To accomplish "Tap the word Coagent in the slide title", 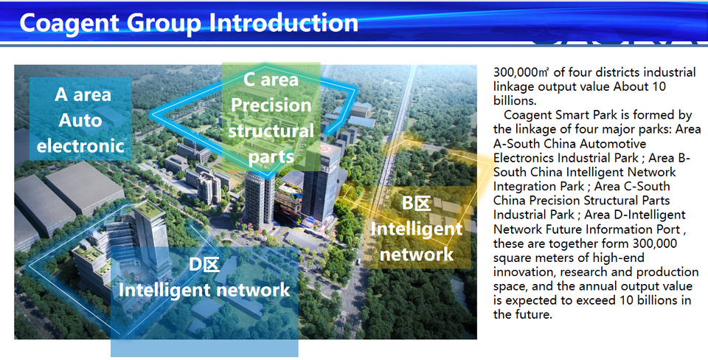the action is click(69, 24).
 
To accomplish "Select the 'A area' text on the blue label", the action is click(83, 95).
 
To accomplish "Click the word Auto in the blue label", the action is click(80, 120).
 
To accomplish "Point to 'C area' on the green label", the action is click(271, 80).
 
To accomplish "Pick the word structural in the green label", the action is click(271, 131).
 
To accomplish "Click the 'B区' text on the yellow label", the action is click(416, 204).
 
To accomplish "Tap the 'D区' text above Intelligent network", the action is click(204, 264).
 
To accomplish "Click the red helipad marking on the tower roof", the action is click(323, 148).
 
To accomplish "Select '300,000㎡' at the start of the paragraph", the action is click(521, 72).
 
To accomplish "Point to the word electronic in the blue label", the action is click(80, 146).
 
